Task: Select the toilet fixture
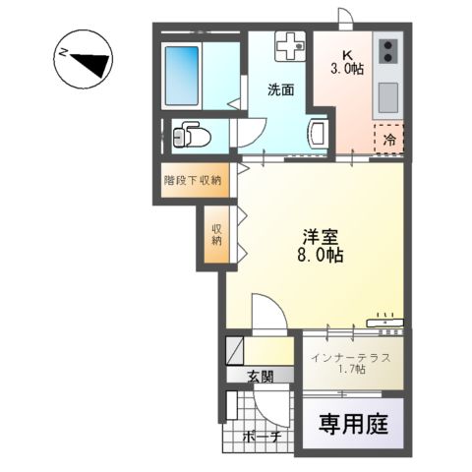pos(190,135)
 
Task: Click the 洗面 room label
pos(281,89)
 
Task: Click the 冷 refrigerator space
pos(389,139)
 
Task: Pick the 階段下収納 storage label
pos(192,180)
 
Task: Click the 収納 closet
pos(216,234)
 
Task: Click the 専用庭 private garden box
pos(353,425)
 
